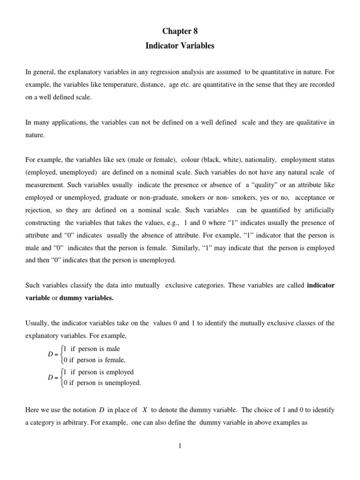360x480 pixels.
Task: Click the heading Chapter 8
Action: point(180,31)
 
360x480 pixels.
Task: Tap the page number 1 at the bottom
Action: point(180,446)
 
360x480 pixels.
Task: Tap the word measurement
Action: point(45,185)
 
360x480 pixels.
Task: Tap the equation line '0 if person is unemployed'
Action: point(102,382)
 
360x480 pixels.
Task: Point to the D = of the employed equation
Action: point(53,377)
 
